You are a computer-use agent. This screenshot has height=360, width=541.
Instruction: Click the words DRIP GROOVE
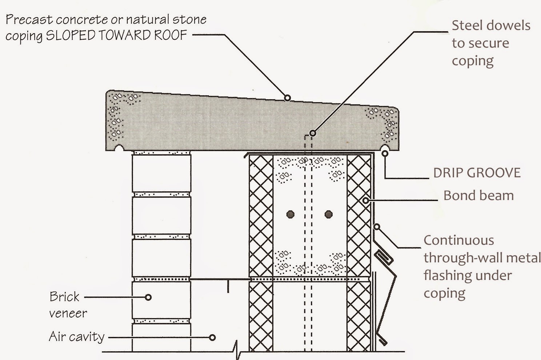(x=477, y=173)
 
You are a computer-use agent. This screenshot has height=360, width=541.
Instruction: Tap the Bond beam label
(x=478, y=196)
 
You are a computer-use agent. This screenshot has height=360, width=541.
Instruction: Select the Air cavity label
(x=77, y=337)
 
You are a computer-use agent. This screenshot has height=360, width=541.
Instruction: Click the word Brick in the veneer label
(x=64, y=297)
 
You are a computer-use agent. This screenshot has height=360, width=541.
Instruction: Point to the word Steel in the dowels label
(x=468, y=25)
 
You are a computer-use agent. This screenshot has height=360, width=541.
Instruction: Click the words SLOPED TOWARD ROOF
(x=117, y=35)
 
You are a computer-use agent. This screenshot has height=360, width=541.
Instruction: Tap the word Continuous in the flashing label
(x=459, y=240)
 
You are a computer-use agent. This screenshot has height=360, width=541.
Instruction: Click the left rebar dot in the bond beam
(x=290, y=214)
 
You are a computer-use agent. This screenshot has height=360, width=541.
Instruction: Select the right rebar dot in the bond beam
(x=329, y=214)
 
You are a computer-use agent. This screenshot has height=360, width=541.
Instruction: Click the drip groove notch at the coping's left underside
(x=119, y=148)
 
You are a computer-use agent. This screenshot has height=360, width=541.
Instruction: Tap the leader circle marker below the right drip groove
(x=385, y=154)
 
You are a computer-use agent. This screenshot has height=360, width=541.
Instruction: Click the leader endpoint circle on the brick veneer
(x=148, y=297)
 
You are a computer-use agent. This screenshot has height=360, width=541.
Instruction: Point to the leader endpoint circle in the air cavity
(x=212, y=337)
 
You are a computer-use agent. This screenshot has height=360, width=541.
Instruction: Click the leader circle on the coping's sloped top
(x=287, y=97)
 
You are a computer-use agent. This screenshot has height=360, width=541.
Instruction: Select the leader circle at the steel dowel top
(x=312, y=133)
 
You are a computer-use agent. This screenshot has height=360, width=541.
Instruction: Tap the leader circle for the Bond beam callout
(x=365, y=200)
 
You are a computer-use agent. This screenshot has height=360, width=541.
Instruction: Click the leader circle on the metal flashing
(x=377, y=227)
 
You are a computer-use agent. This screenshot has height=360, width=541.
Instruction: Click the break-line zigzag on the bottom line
(x=237, y=350)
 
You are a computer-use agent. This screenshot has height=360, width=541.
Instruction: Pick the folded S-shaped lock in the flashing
(x=384, y=257)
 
